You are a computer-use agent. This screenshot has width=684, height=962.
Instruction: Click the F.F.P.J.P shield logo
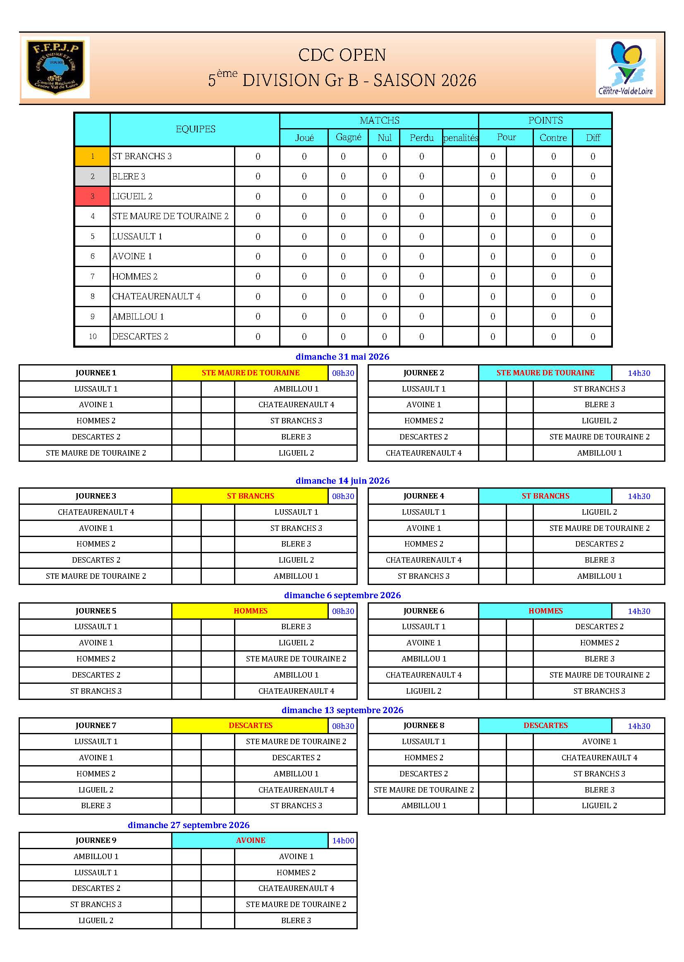click(x=55, y=67)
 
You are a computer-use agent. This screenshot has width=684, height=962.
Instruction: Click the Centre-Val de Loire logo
click(x=625, y=68)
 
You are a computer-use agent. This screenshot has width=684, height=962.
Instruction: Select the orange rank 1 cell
click(x=92, y=156)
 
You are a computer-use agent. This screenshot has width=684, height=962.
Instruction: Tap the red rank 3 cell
click(x=92, y=196)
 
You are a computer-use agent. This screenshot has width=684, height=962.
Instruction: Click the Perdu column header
click(x=421, y=138)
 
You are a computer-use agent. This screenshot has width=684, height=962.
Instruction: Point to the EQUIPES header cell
click(x=195, y=129)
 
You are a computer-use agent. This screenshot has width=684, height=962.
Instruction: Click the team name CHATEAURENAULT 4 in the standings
click(x=156, y=296)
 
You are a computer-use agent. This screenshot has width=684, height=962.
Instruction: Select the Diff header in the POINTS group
click(x=593, y=138)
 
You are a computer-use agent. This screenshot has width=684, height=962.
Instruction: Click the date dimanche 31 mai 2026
click(x=342, y=357)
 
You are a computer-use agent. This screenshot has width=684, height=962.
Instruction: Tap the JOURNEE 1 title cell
click(x=96, y=372)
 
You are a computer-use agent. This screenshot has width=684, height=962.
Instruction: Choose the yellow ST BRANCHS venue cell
click(x=250, y=496)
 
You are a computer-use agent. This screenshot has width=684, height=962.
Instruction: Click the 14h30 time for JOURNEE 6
click(x=639, y=611)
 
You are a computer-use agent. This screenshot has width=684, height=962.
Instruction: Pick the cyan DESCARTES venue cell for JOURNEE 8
click(x=545, y=726)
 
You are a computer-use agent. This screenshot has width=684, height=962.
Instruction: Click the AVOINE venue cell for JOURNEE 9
click(x=250, y=840)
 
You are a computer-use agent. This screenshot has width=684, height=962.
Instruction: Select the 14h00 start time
click(x=343, y=841)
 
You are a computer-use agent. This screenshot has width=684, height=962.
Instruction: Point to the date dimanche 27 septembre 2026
click(x=188, y=825)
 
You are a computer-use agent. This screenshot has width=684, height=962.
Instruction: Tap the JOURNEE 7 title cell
click(x=96, y=726)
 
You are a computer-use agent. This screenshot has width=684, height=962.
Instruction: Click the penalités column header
click(x=460, y=138)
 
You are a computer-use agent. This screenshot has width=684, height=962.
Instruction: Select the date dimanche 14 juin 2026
click(x=342, y=481)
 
